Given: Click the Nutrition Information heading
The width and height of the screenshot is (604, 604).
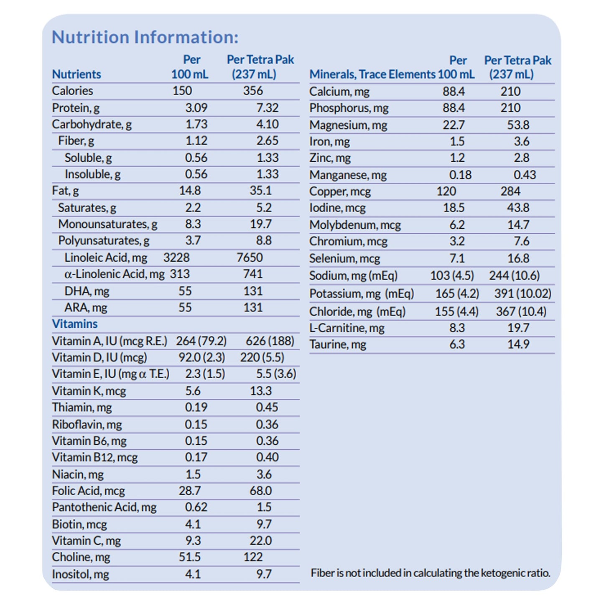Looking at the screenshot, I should pyautogui.click(x=145, y=37).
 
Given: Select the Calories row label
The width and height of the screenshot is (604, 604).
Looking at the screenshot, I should pyautogui.click(x=72, y=91).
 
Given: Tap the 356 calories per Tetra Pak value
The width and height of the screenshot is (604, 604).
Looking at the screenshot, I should pyautogui.click(x=253, y=91).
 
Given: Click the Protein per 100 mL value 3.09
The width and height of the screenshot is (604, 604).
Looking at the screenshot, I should pyautogui.click(x=196, y=108).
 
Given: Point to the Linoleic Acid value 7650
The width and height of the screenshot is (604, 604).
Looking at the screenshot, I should pyautogui.click(x=250, y=257).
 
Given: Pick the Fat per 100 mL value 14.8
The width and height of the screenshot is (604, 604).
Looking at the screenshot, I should pyautogui.click(x=190, y=191).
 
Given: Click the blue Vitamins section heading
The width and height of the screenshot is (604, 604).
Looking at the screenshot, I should pyautogui.click(x=74, y=324).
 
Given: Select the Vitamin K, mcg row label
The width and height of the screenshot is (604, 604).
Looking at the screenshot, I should pyautogui.click(x=89, y=391).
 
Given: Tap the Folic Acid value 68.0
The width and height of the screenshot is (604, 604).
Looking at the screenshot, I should pyautogui.click(x=260, y=491).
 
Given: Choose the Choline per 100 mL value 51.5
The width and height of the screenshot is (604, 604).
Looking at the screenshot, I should pyautogui.click(x=190, y=557).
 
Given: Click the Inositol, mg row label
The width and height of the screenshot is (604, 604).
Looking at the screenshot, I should pyautogui.click(x=80, y=574).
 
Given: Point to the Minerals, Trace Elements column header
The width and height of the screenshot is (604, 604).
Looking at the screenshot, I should pyautogui.click(x=372, y=74).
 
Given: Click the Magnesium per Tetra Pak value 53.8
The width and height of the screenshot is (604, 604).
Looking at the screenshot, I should pyautogui.click(x=518, y=125).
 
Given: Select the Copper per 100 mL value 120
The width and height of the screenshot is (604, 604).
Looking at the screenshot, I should pyautogui.click(x=446, y=191).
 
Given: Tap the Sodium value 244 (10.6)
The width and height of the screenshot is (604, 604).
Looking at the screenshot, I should pyautogui.click(x=514, y=276).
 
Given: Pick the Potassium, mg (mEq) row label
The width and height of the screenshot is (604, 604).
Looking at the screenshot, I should pyautogui.click(x=361, y=294).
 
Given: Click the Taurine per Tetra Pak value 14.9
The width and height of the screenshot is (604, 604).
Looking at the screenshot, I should pyautogui.click(x=518, y=344).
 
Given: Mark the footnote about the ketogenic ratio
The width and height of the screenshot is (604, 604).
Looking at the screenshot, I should pyautogui.click(x=430, y=573).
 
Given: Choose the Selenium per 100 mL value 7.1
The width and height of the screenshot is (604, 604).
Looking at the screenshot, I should pyautogui.click(x=457, y=258).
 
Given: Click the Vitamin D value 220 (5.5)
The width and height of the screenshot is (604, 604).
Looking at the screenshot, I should pyautogui.click(x=262, y=358).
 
